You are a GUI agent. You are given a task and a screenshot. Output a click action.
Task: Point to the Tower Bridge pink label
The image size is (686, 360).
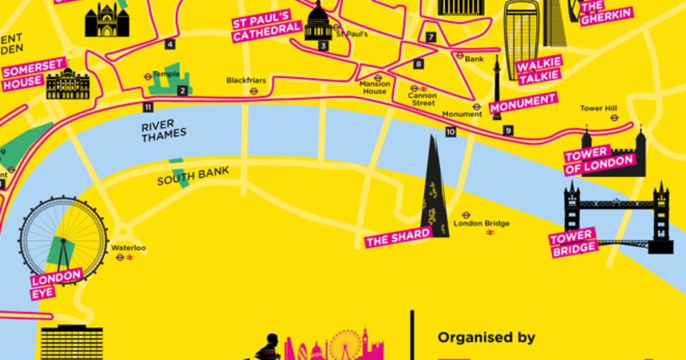(573, 243)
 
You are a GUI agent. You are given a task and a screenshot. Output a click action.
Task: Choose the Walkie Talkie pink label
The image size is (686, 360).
(539, 70)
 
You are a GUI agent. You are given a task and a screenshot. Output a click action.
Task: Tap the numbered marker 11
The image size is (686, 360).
(149, 107)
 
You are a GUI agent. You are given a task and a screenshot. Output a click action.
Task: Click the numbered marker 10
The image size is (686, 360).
(451, 132)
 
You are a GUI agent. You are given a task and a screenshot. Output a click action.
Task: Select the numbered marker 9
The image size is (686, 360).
(508, 131)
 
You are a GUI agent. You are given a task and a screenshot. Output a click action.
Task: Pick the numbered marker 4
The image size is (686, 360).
(169, 44)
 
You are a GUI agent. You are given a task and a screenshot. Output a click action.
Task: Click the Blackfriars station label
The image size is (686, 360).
(246, 81)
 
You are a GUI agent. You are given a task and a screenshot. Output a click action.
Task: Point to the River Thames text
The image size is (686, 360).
(164, 130)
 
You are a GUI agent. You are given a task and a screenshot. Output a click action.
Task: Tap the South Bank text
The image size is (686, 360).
(193, 176)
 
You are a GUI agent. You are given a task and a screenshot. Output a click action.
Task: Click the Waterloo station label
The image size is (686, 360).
(129, 248)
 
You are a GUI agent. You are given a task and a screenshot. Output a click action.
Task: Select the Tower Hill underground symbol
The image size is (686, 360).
(615, 118)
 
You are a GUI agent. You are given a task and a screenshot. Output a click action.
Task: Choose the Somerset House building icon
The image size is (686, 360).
(68, 85)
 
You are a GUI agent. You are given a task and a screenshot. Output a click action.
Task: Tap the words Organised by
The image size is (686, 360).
(486, 337)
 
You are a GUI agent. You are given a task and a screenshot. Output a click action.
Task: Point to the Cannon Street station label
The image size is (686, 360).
(422, 99)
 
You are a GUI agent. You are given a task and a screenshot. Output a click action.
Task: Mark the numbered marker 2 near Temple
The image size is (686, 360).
(182, 90)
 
